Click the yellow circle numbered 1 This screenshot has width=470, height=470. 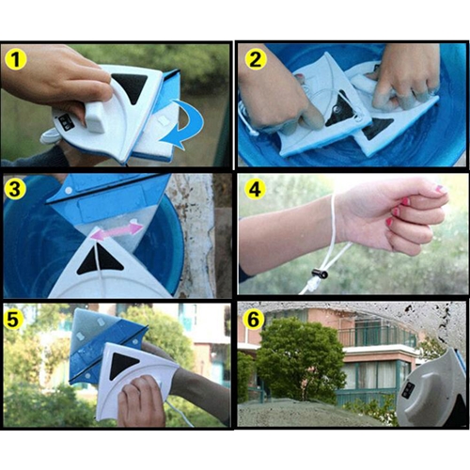tap(16, 59)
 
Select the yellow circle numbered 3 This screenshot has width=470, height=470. tap(14, 190)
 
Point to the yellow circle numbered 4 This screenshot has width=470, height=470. tap(256, 189)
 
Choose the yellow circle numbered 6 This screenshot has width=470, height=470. tap(255, 319)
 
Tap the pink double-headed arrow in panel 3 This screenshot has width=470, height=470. tap(117, 231)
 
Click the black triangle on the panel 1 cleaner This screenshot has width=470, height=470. tap(129, 88)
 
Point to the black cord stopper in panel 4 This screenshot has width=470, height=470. tap(320, 274)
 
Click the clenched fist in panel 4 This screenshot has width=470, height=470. tap(397, 214)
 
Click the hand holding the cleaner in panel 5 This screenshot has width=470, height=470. tap(141, 401)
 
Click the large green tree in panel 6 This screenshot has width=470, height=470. tap(300, 360)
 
